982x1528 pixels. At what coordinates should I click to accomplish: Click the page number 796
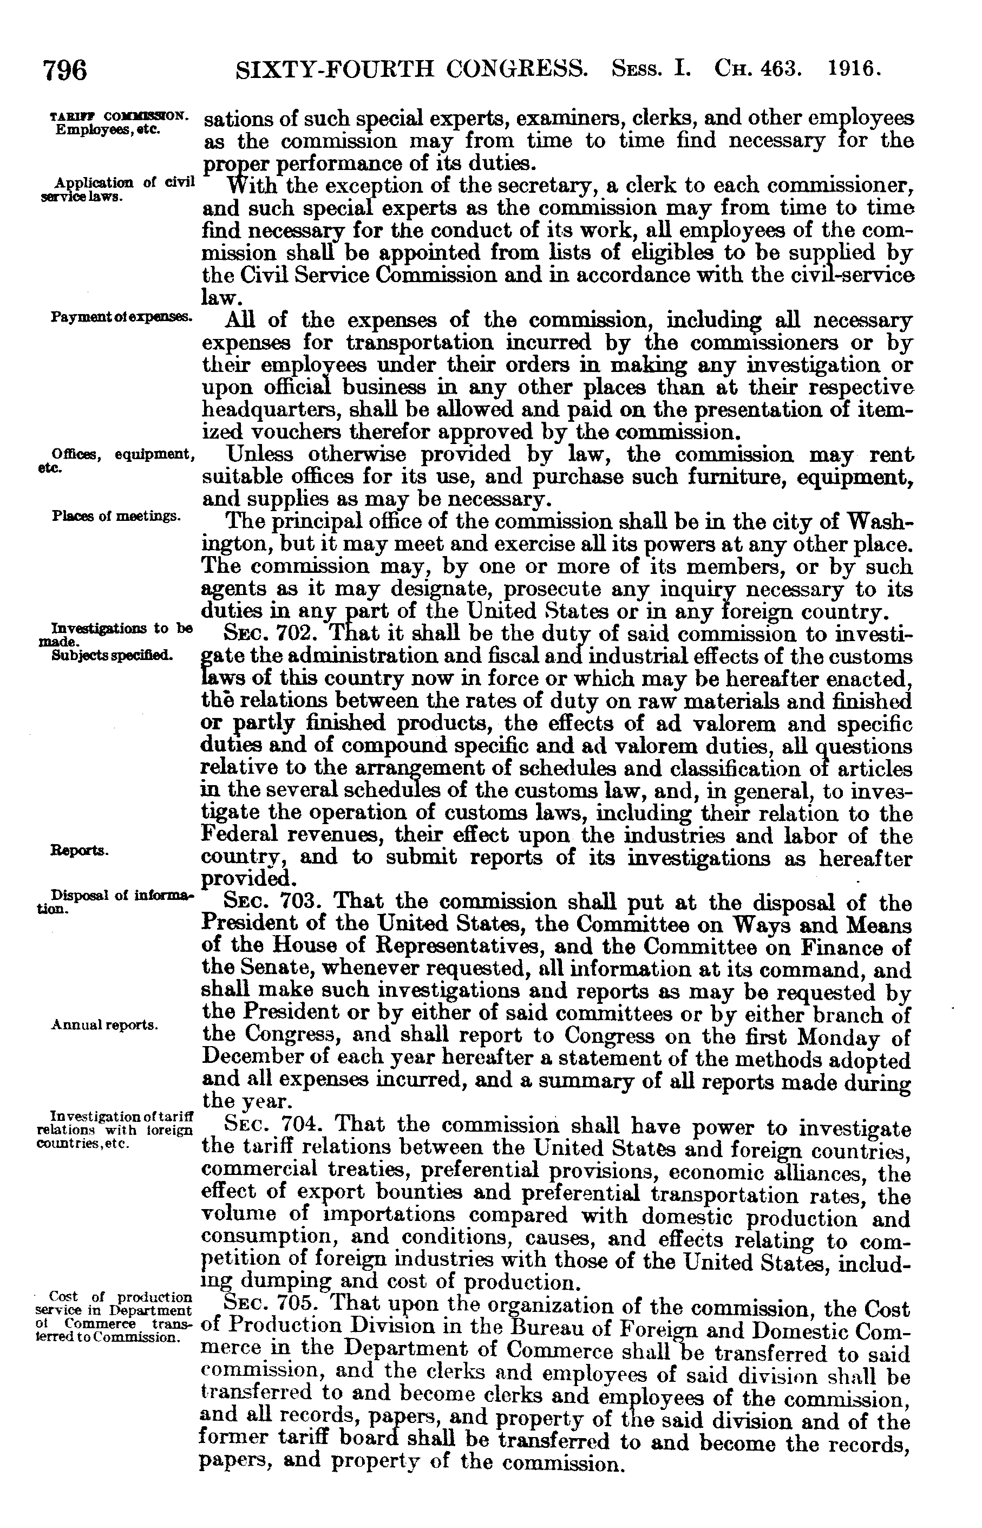(64, 69)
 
